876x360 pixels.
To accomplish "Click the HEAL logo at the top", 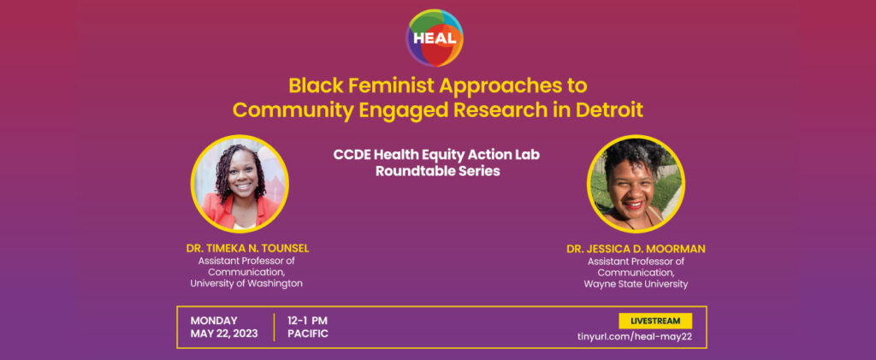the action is pos(435,38).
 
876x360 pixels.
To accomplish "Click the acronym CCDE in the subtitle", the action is pos(350,155).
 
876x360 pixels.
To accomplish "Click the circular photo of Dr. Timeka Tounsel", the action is pos(240,184).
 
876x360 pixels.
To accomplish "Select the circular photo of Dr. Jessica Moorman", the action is pos(636,184).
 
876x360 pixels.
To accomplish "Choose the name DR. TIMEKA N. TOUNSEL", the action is pos(247,249).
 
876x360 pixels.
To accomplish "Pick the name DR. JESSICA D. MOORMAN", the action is pos(636,249).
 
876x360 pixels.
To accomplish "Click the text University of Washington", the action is pos(246,284).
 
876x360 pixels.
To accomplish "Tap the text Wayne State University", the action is pos(636,284).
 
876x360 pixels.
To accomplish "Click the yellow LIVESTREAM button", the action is pos(655,321).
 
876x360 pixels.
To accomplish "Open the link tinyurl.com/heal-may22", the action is pos(635,337).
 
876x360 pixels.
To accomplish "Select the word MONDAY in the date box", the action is pos(214,321).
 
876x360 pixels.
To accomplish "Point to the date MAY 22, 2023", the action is pos(224,333).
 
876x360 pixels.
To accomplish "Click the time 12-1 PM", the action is pos(307,321).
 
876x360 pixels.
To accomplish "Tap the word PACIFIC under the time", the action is pos(308,333).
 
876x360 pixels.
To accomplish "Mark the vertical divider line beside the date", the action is pos(274,327).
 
